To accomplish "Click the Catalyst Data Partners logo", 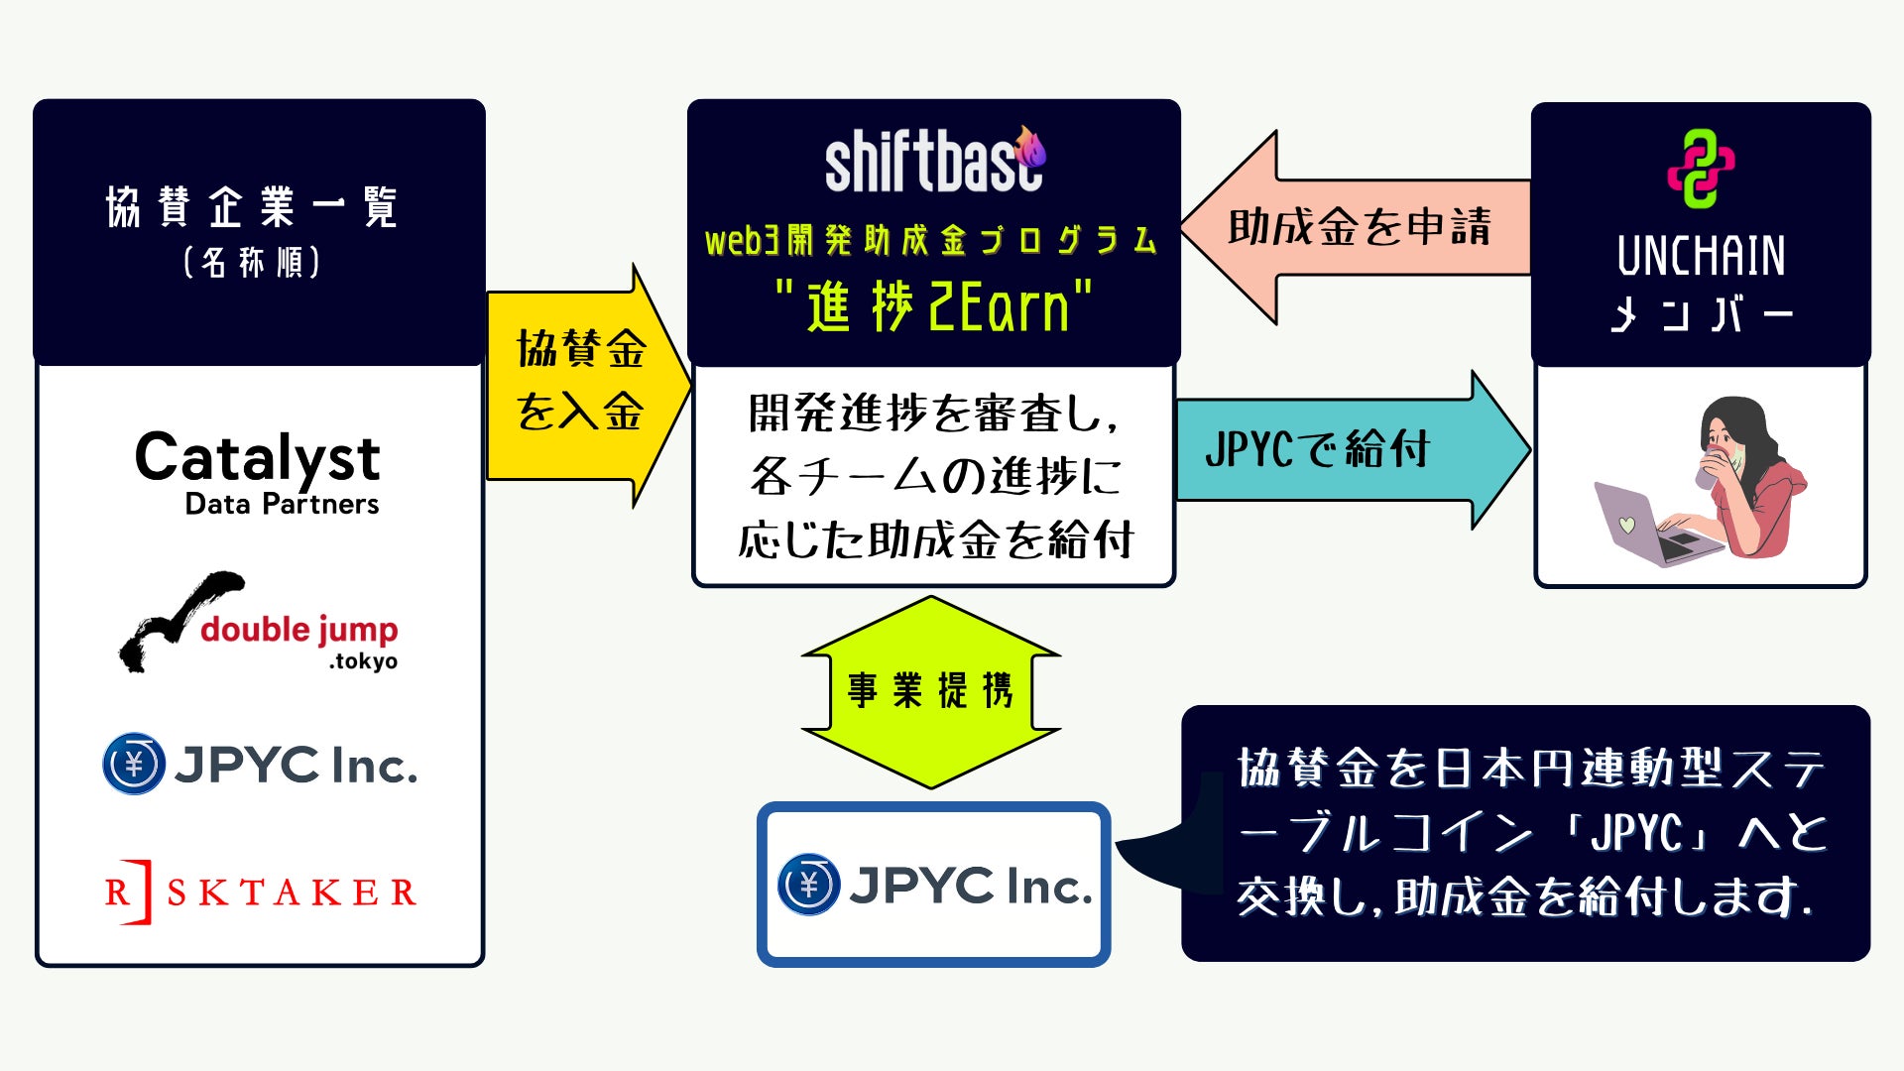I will (x=258, y=471).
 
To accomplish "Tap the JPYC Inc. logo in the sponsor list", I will (x=260, y=765).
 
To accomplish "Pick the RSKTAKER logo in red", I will (x=260, y=892).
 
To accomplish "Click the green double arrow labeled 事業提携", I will (x=930, y=691).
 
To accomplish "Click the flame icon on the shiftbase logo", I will (x=1031, y=148).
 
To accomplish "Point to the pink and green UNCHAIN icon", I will (x=1701, y=169).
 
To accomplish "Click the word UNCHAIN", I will (x=1701, y=256).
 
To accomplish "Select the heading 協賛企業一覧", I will (x=252, y=207).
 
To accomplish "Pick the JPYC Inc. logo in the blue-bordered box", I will (x=933, y=885).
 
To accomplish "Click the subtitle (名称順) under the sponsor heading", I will (x=252, y=263).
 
